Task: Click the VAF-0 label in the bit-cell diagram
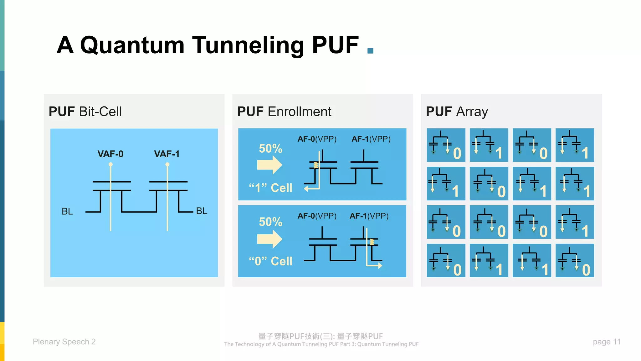pyautogui.click(x=110, y=154)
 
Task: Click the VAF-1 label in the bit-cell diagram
pyautogui.click(x=167, y=154)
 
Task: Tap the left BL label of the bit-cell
pyautogui.click(x=67, y=211)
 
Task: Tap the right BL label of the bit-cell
pyautogui.click(x=202, y=211)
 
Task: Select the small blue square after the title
pyautogui.click(x=370, y=51)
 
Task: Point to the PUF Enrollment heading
pyautogui.click(x=284, y=112)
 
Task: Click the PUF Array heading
pyautogui.click(x=457, y=112)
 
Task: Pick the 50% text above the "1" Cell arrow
pyautogui.click(x=270, y=149)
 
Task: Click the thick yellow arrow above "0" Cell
pyautogui.click(x=269, y=239)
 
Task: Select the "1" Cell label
pyautogui.click(x=270, y=188)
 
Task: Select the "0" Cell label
pyautogui.click(x=270, y=261)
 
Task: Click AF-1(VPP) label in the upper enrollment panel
pyautogui.click(x=371, y=139)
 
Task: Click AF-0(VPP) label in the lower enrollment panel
pyautogui.click(x=317, y=216)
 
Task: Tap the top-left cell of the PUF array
pyautogui.click(x=446, y=145)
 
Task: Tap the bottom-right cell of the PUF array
pyautogui.click(x=575, y=260)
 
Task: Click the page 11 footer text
pyautogui.click(x=606, y=342)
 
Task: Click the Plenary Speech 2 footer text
pyautogui.click(x=64, y=342)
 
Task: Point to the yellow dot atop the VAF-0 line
pyautogui.click(x=110, y=164)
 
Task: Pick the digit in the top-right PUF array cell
pyautogui.click(x=585, y=154)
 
